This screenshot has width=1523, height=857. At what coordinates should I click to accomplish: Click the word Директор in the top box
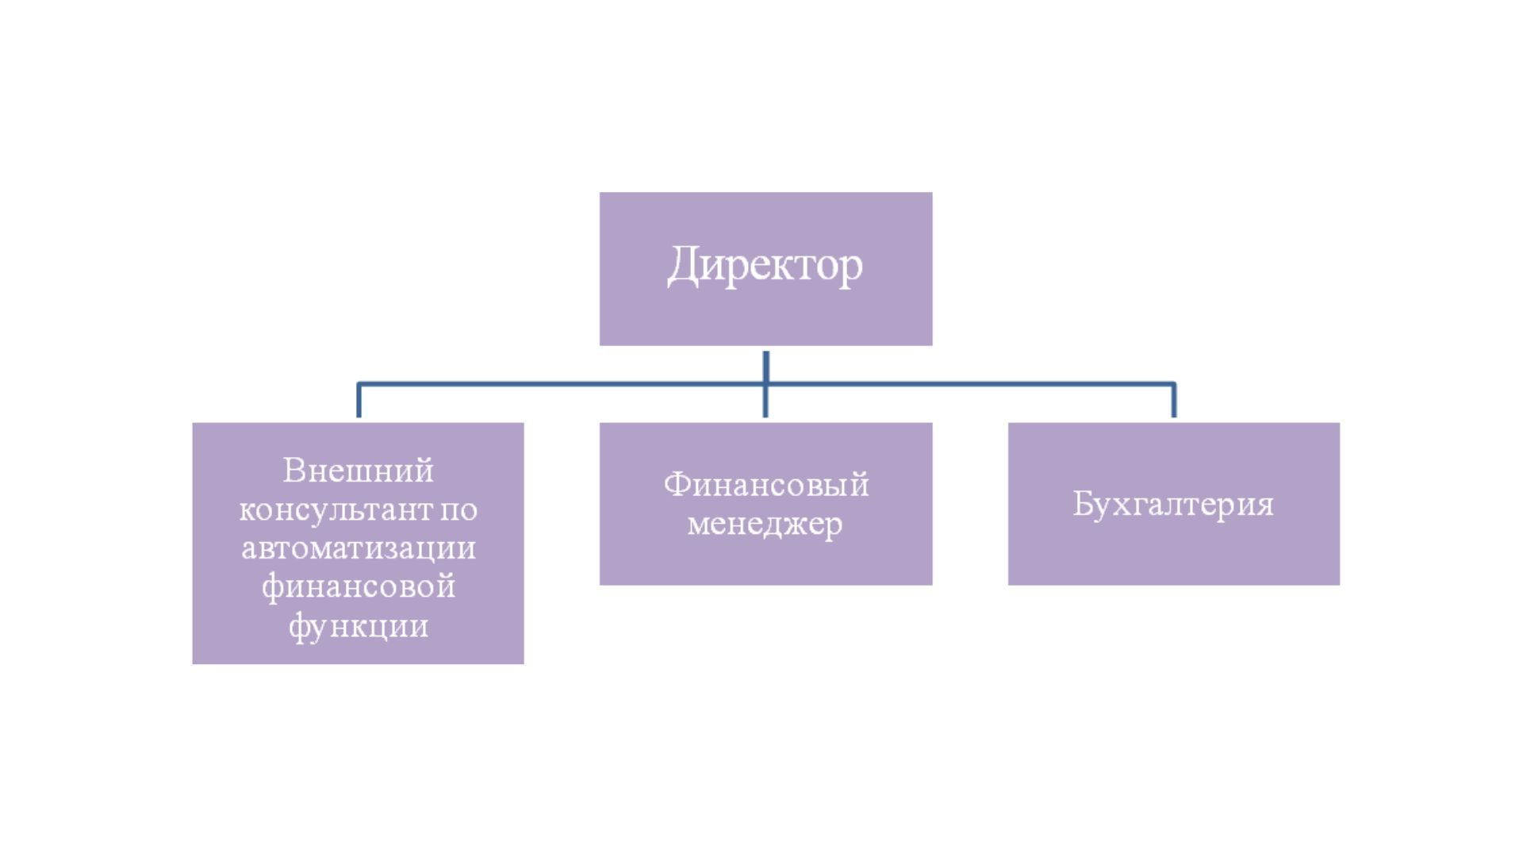765,265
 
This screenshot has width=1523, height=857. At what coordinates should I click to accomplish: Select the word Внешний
358,471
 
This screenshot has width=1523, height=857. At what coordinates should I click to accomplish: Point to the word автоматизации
358,548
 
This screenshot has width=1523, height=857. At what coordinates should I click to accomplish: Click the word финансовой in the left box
358,587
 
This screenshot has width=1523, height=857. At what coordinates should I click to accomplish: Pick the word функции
358,626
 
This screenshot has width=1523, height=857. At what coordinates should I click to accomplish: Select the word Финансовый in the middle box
765,484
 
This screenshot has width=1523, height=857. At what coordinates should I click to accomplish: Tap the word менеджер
765,524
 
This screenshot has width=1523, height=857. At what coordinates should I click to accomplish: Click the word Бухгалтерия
1173,504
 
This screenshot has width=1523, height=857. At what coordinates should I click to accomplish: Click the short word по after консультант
458,509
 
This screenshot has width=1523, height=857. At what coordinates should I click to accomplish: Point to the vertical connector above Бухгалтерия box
1174,401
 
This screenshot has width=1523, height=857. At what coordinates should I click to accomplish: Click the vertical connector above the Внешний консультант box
359,401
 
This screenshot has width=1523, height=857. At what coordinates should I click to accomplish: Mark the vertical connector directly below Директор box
765,367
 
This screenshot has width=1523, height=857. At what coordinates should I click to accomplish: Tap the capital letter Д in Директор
683,265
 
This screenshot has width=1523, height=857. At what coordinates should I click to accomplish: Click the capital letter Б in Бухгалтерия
1084,503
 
